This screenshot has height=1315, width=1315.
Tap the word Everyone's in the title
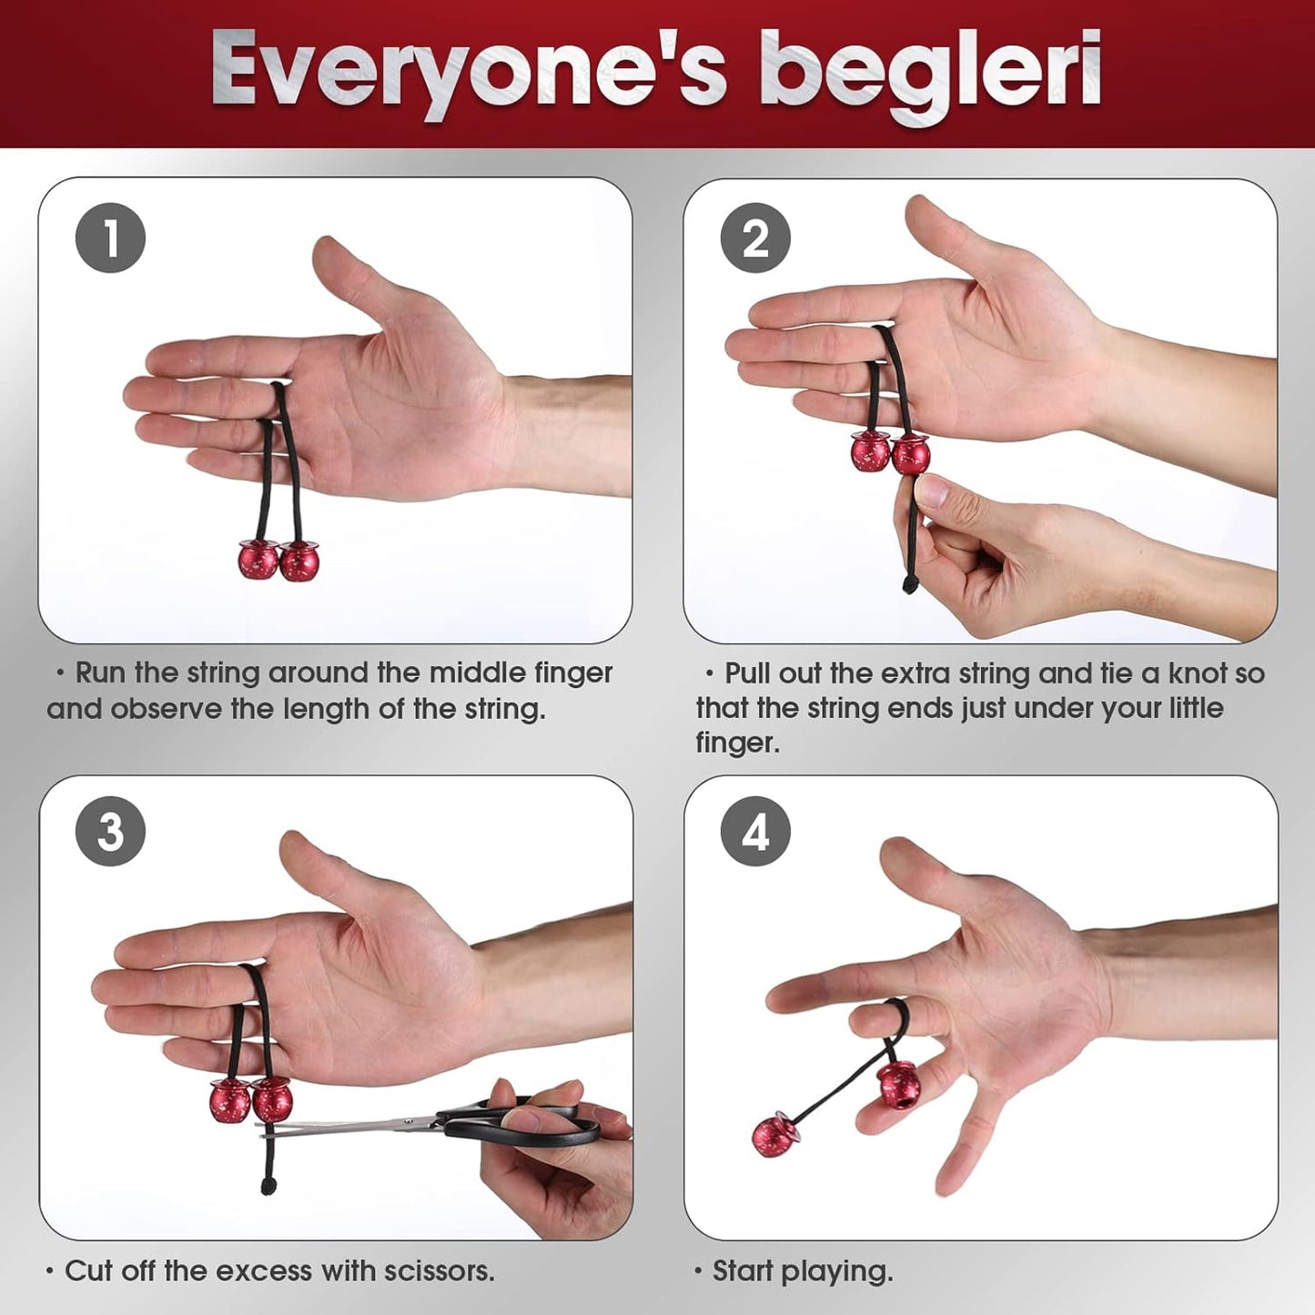pos(469,73)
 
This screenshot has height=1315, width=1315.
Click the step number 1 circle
pos(110,238)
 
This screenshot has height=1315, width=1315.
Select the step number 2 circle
pos(755,238)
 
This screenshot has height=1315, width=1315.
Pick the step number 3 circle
pos(110,832)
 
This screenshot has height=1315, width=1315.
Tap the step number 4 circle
pos(755,832)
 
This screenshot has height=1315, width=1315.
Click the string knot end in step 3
pos(267,1185)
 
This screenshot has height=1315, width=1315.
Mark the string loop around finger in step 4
pos(896,1015)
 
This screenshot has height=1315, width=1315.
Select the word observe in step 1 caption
pos(167,709)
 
